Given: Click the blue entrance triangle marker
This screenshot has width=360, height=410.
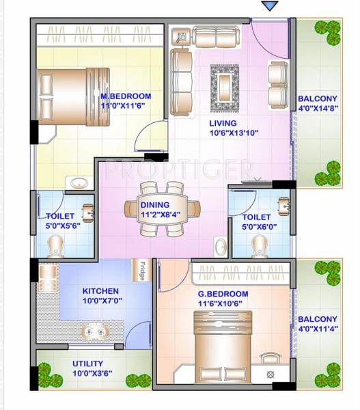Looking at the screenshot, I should [x=270, y=6].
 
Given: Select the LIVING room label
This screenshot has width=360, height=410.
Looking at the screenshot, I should [x=223, y=123].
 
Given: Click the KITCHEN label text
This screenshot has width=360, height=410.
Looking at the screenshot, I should [x=100, y=290].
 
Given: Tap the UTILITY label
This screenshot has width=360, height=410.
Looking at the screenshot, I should [x=87, y=364].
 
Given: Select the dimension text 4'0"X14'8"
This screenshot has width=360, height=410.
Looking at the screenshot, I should [x=318, y=118].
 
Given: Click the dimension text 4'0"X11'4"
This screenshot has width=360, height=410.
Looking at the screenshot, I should [x=318, y=331].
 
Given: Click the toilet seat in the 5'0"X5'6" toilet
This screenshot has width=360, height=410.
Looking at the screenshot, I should [x=55, y=245].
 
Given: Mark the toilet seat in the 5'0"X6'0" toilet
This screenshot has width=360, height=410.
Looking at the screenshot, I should [x=259, y=243].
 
